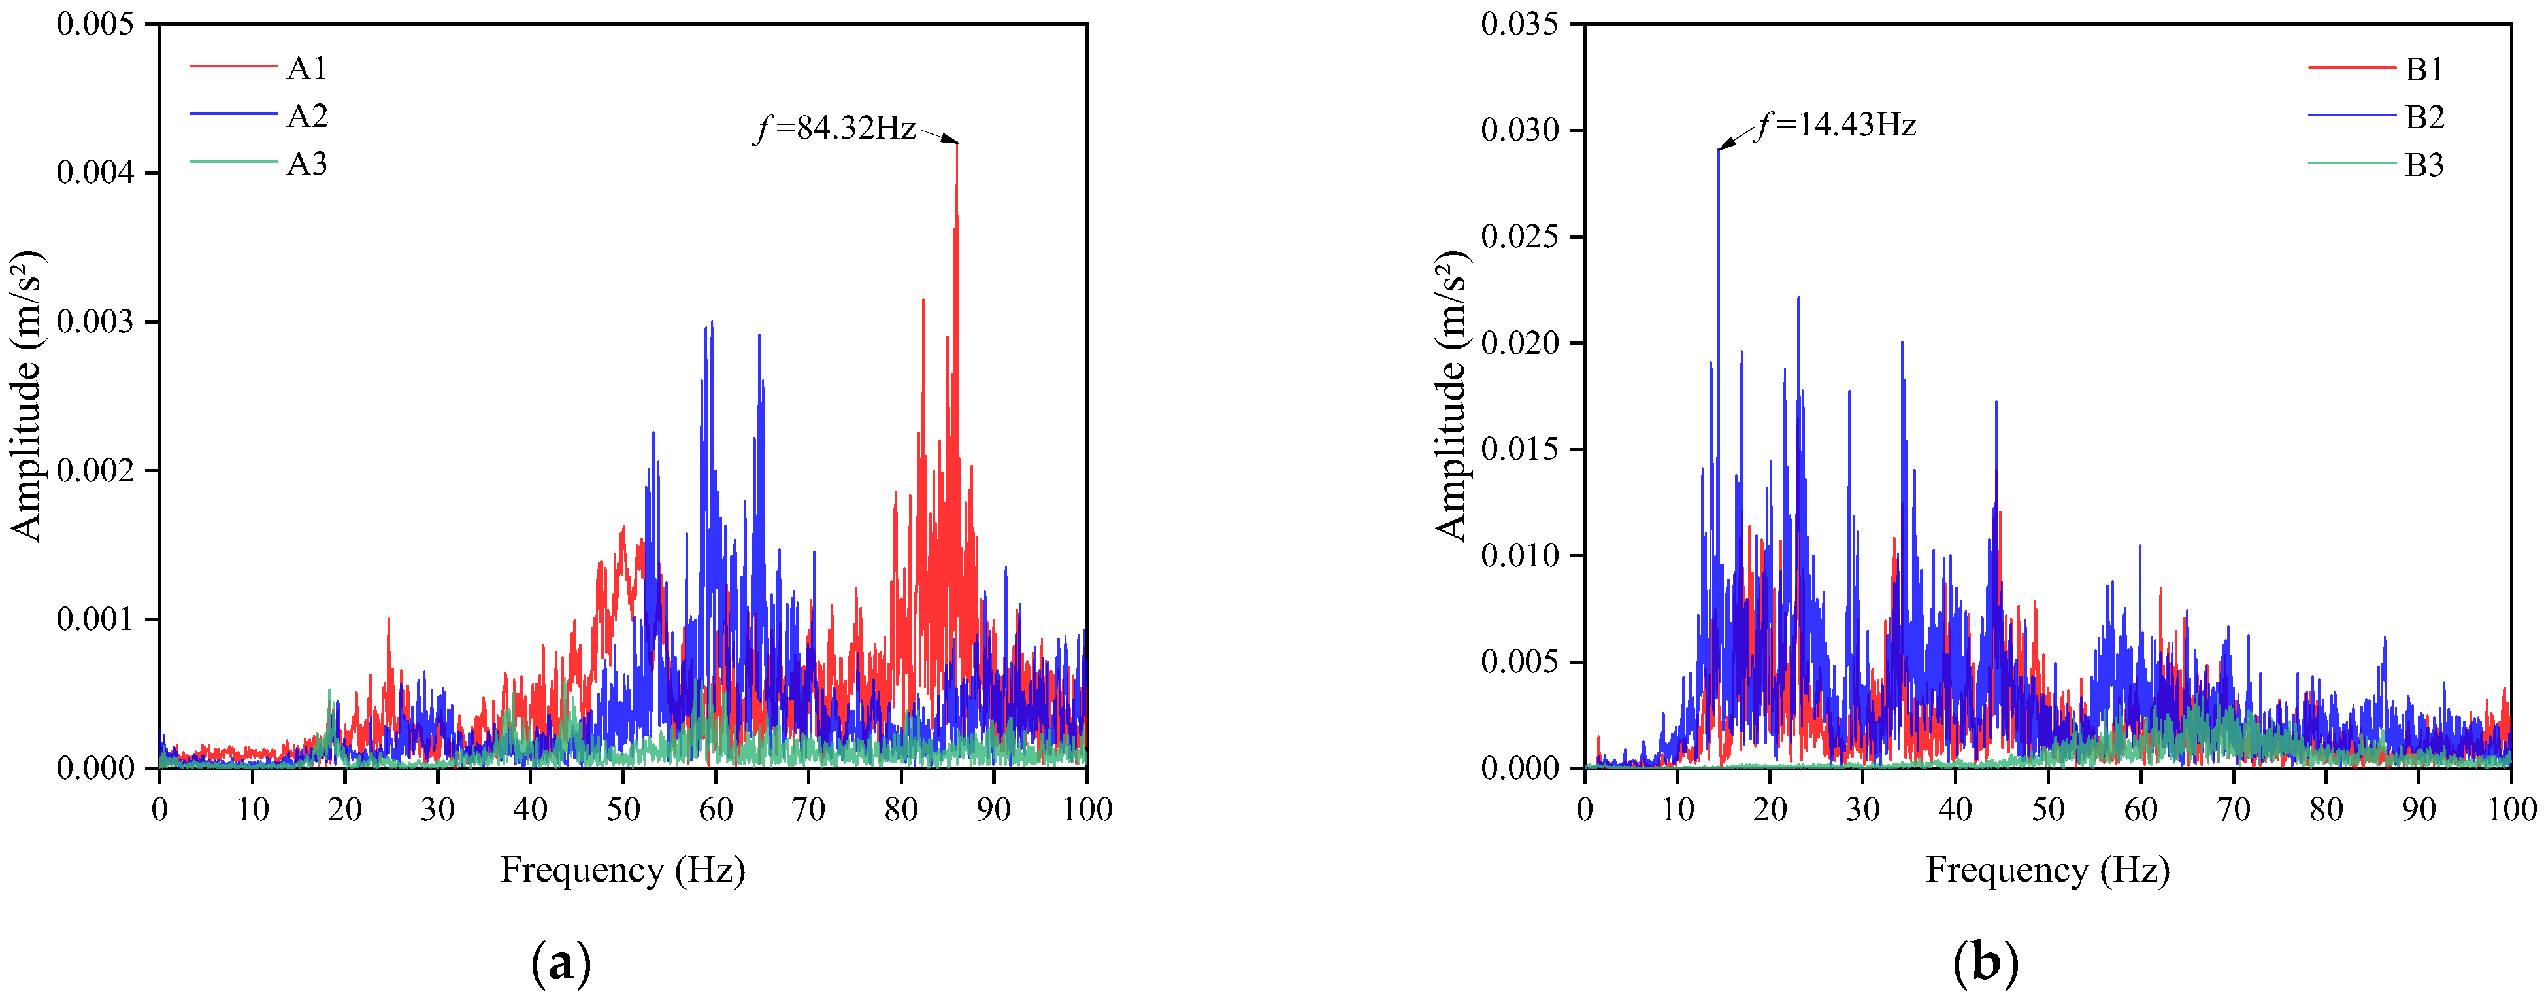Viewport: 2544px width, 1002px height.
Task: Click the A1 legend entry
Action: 257,68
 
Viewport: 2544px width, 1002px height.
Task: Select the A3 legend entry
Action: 257,163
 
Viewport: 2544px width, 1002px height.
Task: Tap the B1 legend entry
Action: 2376,69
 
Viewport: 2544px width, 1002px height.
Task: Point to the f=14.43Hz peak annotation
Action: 1836,126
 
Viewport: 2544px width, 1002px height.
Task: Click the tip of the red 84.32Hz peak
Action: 957,143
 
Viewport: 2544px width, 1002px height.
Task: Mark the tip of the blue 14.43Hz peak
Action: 1719,149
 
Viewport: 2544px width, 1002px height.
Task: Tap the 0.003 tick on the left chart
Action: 96,322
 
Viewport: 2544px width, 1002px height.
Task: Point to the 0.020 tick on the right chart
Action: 1521,343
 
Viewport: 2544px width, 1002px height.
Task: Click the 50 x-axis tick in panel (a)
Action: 623,809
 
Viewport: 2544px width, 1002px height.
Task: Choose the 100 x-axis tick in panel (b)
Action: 2511,809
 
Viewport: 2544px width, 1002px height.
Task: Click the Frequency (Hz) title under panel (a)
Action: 623,871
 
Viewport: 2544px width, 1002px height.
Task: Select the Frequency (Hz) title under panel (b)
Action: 2048,871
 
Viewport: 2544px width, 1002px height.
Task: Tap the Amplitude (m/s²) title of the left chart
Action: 27,395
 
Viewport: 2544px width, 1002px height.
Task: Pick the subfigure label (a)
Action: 561,961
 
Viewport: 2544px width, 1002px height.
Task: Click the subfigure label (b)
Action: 1986,961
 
